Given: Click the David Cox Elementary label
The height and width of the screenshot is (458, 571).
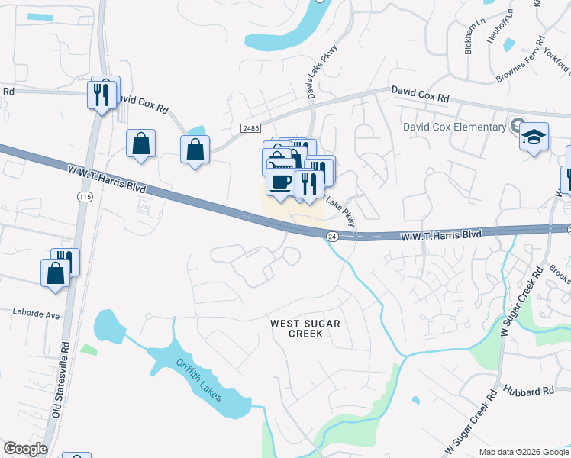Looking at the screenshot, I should pyautogui.click(x=455, y=127).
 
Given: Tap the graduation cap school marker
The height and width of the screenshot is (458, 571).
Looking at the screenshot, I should pyautogui.click(x=534, y=137).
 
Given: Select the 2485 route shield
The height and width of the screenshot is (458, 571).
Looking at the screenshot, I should pyautogui.click(x=250, y=128).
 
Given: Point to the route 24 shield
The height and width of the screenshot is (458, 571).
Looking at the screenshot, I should pyautogui.click(x=332, y=237).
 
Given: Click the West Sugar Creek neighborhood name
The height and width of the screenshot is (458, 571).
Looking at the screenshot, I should pyautogui.click(x=305, y=328).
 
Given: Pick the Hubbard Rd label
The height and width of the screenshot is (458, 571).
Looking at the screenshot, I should pyautogui.click(x=527, y=392).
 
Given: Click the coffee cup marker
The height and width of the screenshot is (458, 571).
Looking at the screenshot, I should pyautogui.click(x=280, y=183).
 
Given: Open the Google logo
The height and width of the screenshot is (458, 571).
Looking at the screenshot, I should pyautogui.click(x=25, y=449).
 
